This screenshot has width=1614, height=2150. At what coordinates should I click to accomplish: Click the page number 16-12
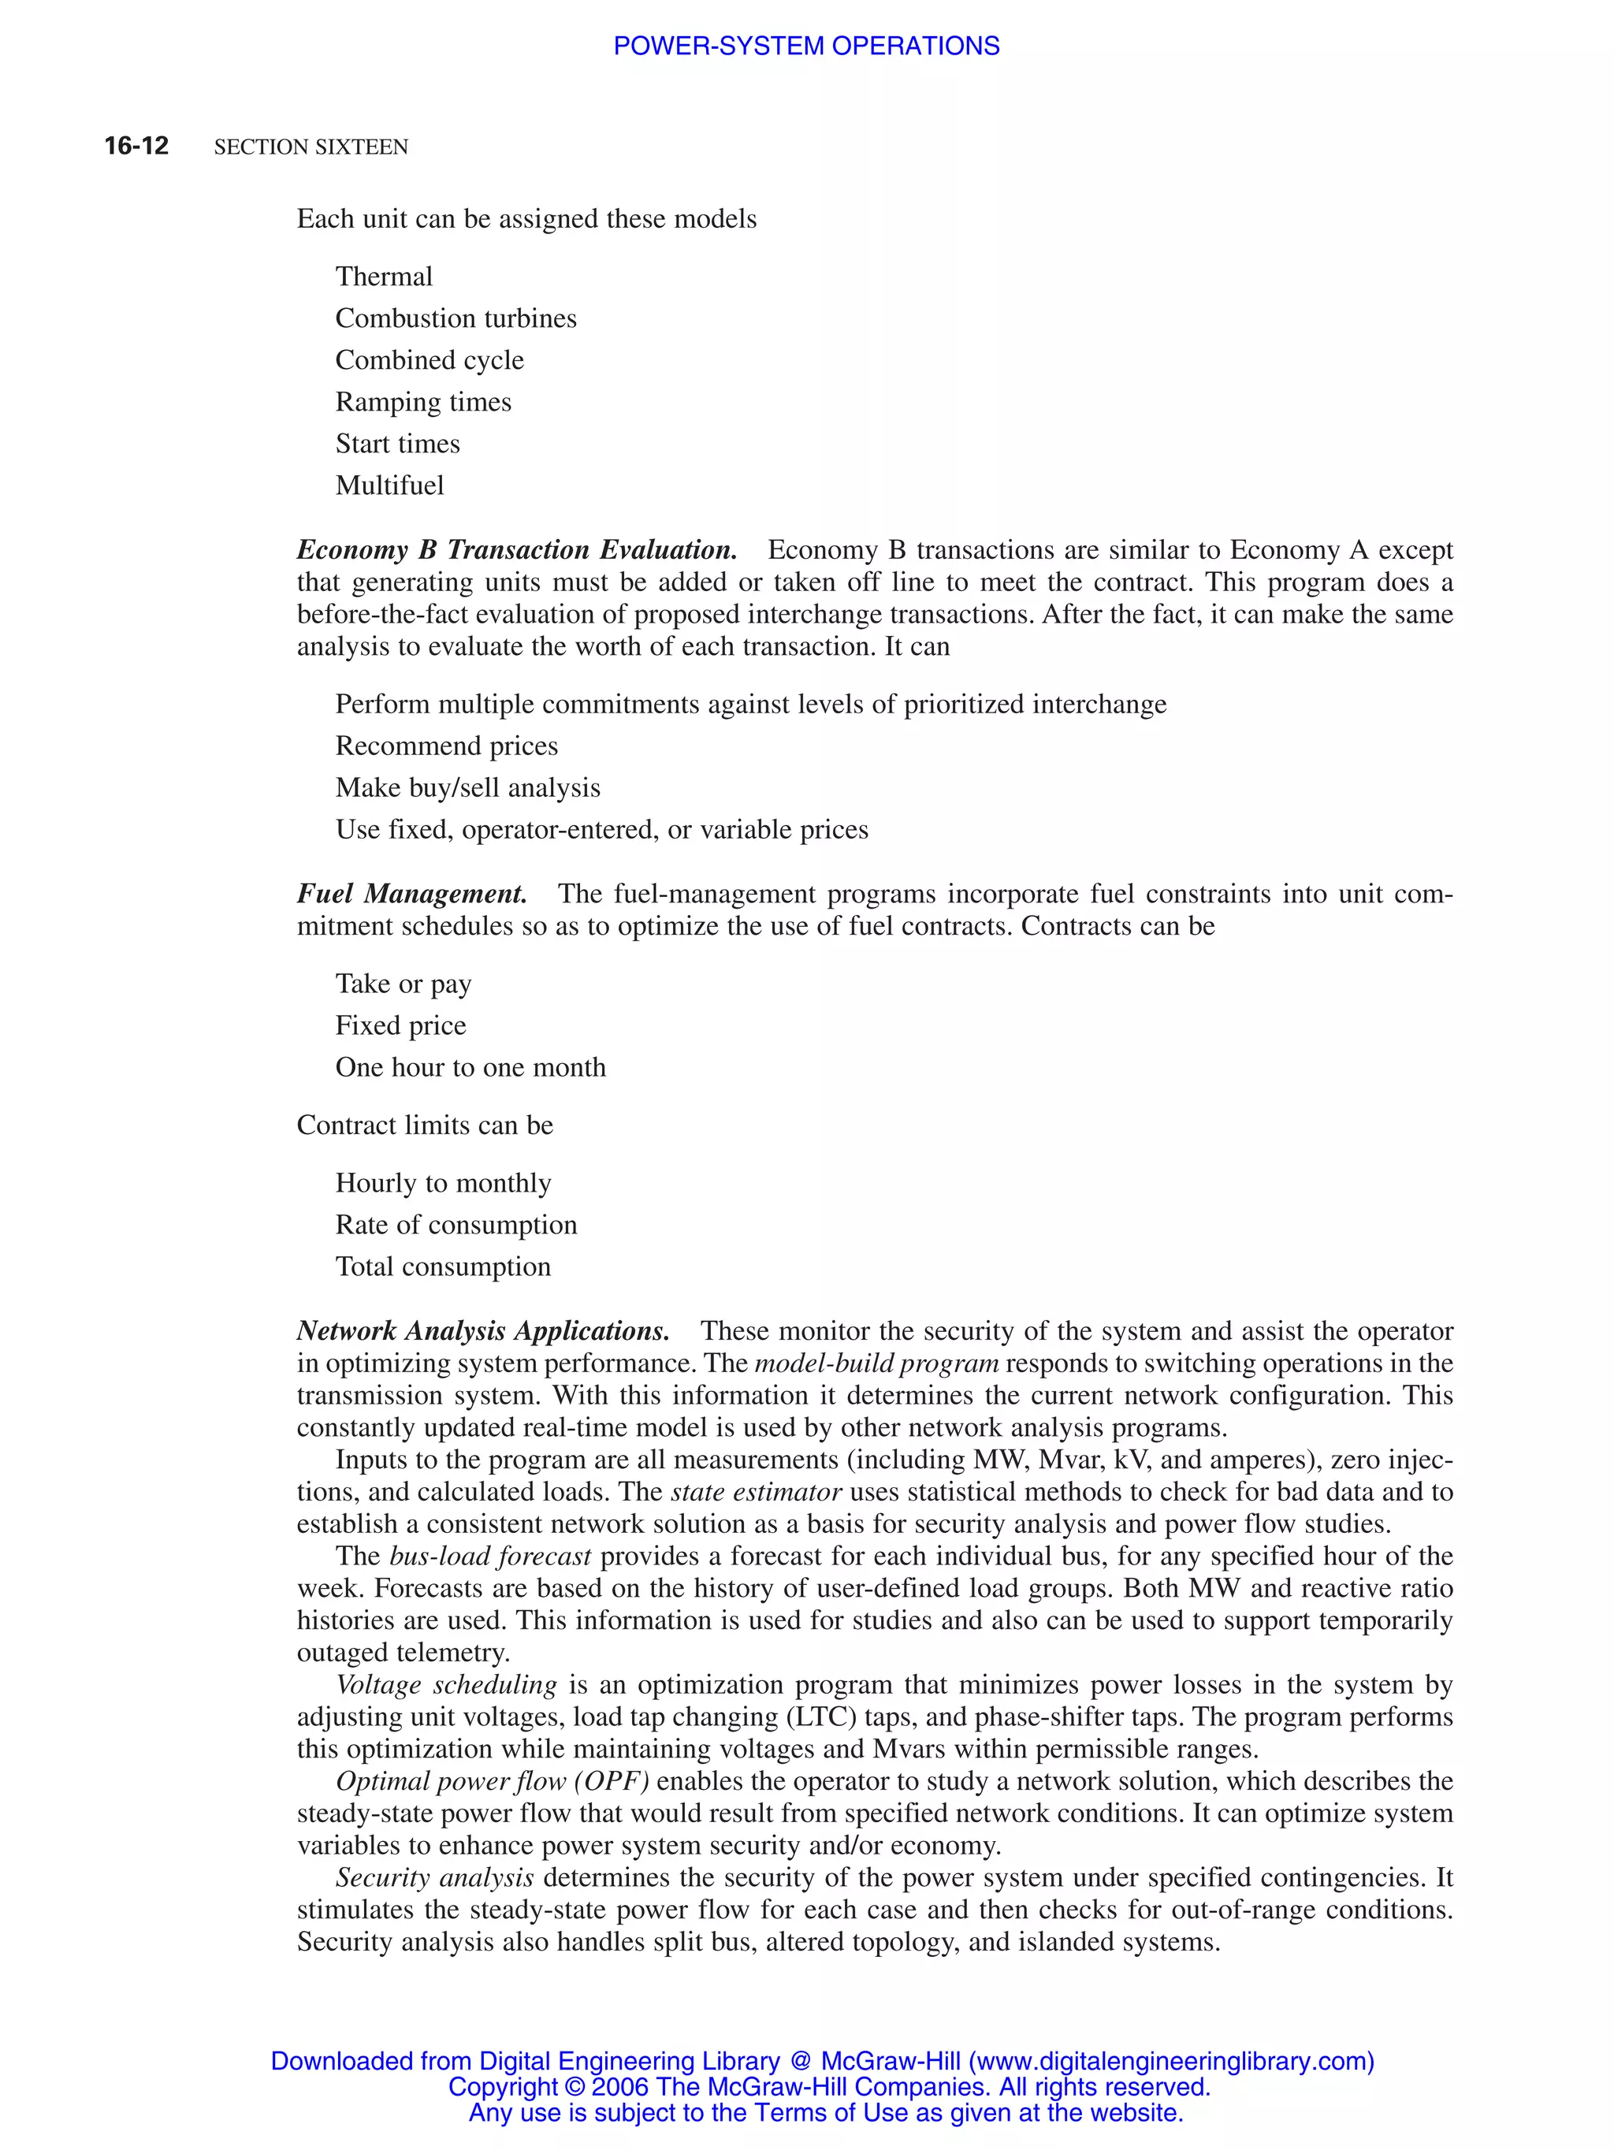pyautogui.click(x=136, y=146)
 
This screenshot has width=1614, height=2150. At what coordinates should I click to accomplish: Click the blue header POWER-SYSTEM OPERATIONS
pyautogui.click(x=805, y=46)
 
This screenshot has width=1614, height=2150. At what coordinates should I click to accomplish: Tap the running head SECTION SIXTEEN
pyautogui.click(x=311, y=147)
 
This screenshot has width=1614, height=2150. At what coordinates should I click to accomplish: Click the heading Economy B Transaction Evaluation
pyautogui.click(x=516, y=549)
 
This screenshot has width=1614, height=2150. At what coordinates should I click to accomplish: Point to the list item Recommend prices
pyautogui.click(x=446, y=746)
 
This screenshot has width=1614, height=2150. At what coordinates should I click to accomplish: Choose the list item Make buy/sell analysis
pyautogui.click(x=467, y=787)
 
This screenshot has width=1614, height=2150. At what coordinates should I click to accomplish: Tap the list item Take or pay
pyautogui.click(x=403, y=984)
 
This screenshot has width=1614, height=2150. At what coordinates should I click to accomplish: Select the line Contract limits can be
pyautogui.click(x=425, y=1125)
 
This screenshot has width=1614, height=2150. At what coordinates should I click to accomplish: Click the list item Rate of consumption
pyautogui.click(x=456, y=1225)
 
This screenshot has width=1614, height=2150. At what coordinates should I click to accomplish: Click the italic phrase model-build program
pyautogui.click(x=876, y=1363)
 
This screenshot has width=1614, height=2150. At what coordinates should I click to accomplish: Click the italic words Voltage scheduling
pyautogui.click(x=446, y=1684)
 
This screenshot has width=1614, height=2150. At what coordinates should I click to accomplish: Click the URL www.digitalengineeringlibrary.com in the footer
pyautogui.click(x=1172, y=2061)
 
